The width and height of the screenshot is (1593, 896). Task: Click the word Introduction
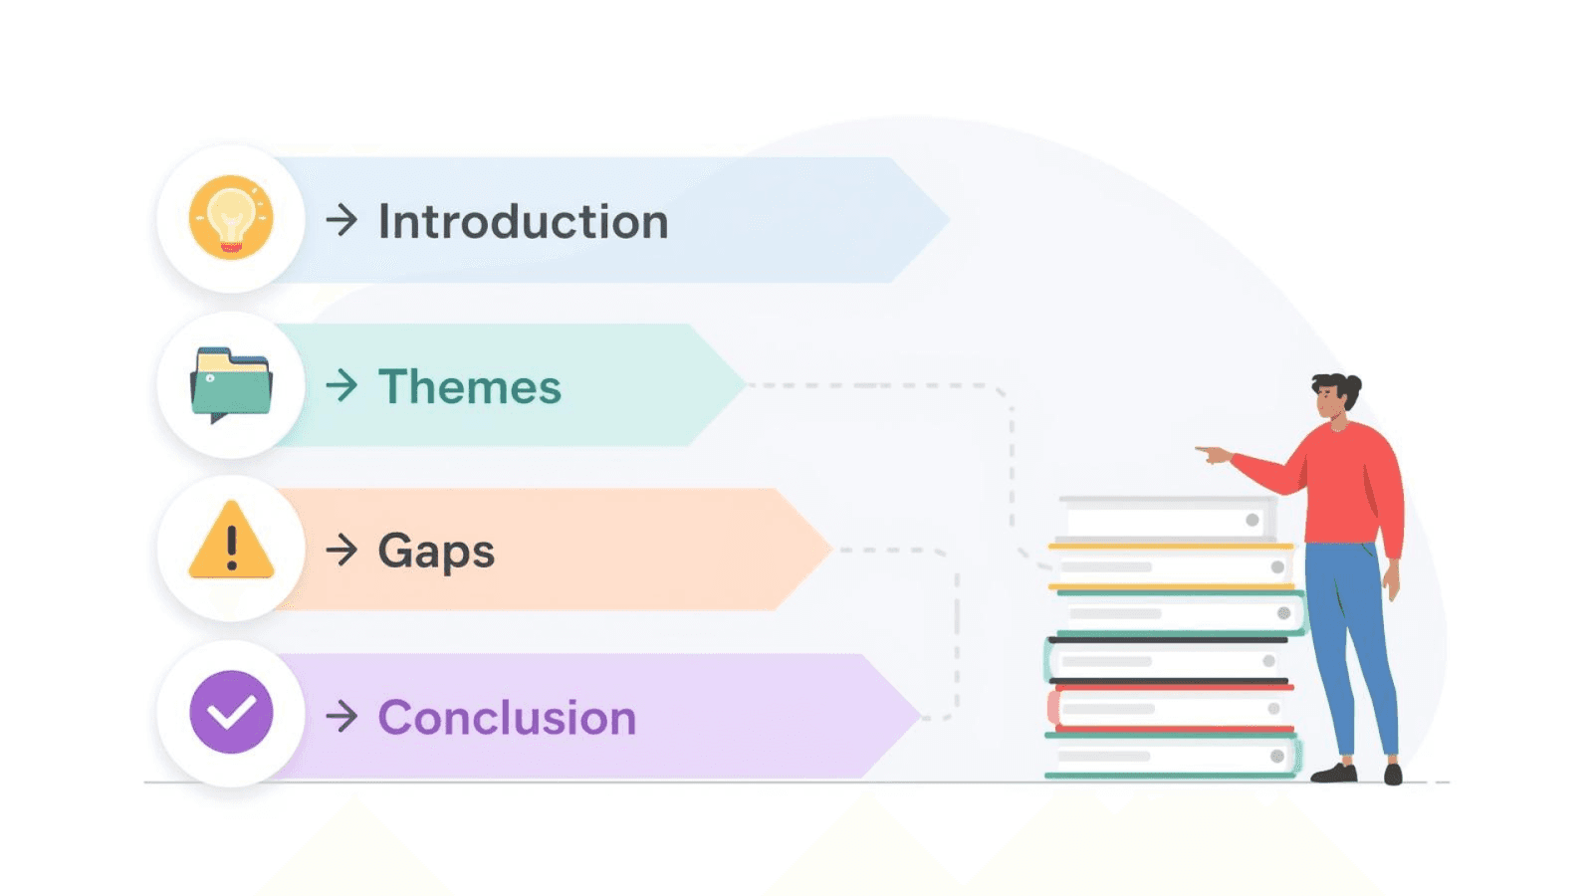(523, 221)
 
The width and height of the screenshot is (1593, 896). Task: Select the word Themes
(470, 386)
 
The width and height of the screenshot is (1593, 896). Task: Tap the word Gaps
(436, 551)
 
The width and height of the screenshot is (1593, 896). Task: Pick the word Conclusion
(507, 717)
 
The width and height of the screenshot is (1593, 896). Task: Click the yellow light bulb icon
(231, 217)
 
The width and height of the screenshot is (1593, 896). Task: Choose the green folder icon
(231, 383)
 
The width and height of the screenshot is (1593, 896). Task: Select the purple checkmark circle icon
(231, 712)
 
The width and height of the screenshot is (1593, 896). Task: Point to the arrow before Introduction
(341, 220)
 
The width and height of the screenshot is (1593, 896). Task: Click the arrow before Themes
(341, 385)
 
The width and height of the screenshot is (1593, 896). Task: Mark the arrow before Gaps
(341, 550)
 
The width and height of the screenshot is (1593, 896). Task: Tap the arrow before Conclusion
(341, 716)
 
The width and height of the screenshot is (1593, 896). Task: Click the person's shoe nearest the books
(1334, 773)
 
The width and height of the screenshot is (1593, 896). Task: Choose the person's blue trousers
(1349, 637)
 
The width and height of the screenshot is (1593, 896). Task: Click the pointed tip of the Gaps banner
(826, 549)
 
